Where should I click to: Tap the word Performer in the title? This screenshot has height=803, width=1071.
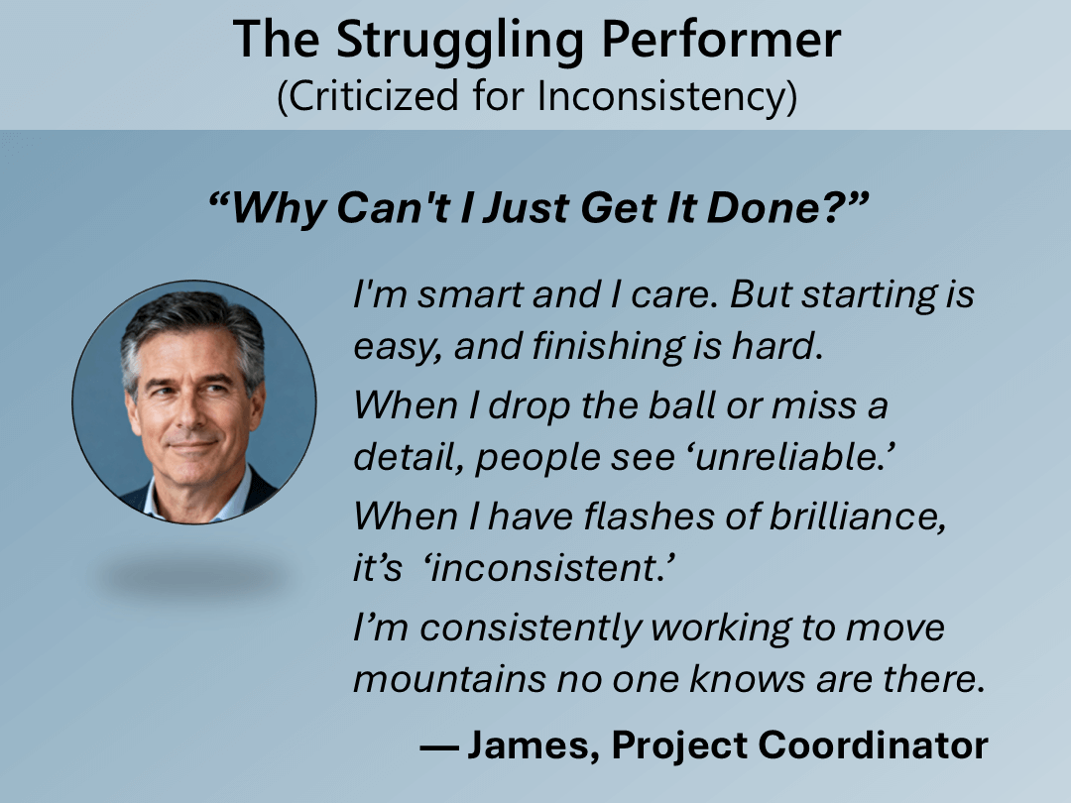tap(721, 39)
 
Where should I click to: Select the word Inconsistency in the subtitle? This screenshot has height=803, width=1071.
tap(667, 96)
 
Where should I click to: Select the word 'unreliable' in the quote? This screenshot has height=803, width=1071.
tap(793, 457)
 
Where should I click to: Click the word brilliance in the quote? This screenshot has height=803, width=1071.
tap(858, 516)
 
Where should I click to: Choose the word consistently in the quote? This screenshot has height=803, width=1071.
tap(531, 629)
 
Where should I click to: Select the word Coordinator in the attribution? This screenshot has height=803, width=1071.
tap(873, 745)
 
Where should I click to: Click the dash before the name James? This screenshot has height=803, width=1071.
tap(438, 747)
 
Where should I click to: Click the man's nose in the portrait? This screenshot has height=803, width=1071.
tap(189, 414)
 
